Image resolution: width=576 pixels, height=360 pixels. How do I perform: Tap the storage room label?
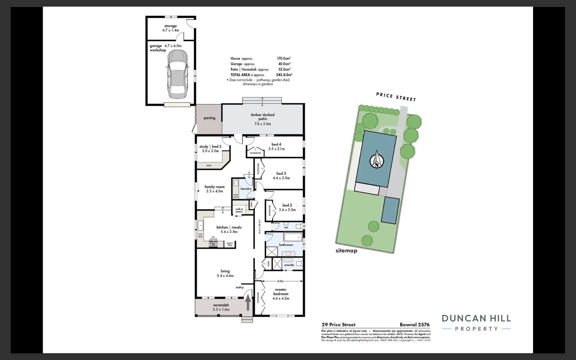[170, 28]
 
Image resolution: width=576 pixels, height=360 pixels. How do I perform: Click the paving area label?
[209, 118]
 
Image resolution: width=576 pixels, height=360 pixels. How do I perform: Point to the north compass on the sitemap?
[377, 160]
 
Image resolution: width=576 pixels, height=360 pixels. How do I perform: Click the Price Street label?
[396, 97]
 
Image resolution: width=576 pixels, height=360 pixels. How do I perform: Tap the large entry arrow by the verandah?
[248, 302]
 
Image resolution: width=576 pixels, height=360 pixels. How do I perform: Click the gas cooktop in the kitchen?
[213, 244]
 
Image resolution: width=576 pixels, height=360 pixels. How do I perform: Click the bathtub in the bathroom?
[293, 237]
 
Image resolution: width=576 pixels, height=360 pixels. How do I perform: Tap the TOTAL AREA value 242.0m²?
[284, 75]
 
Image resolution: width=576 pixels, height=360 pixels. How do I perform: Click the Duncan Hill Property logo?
[476, 323]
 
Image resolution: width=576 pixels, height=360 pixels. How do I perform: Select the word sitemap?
[346, 251]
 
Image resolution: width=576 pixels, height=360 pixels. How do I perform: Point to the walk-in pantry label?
[239, 210]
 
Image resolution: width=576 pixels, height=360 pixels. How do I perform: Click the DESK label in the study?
[209, 166]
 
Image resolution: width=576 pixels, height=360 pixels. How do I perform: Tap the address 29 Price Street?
[338, 325]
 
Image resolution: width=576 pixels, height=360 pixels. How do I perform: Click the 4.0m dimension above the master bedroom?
[280, 281]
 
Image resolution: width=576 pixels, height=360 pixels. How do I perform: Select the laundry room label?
[246, 189]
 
